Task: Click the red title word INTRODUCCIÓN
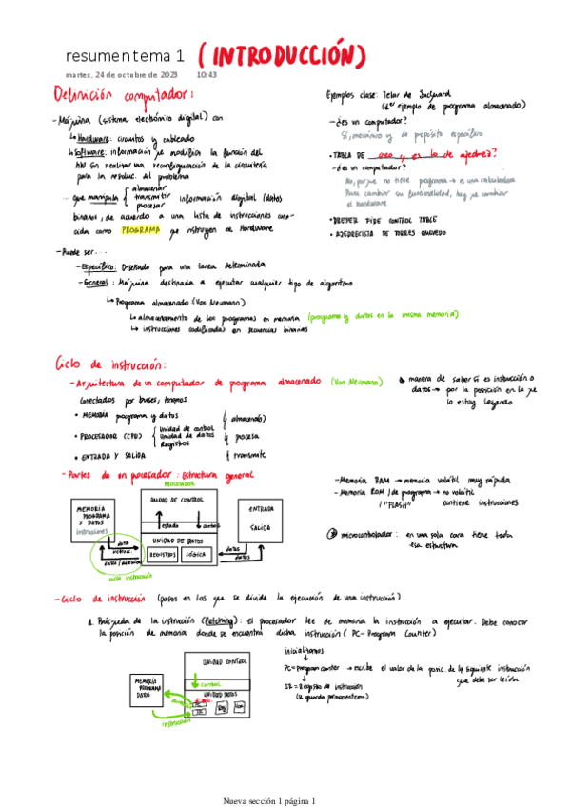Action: coord(284,54)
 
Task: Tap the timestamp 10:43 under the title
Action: coord(207,74)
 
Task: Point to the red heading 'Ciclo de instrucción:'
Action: coord(111,364)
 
